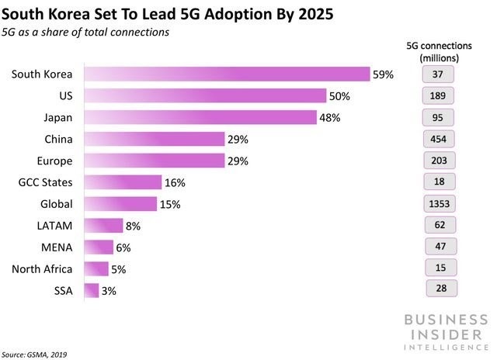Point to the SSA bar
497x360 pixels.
(91, 290)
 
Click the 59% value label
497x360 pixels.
(384, 74)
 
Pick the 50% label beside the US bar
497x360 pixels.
(339, 96)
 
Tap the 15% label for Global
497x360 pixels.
(171, 204)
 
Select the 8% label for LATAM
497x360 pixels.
(134, 226)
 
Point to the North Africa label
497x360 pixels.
(43, 268)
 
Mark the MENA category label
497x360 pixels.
(57, 247)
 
